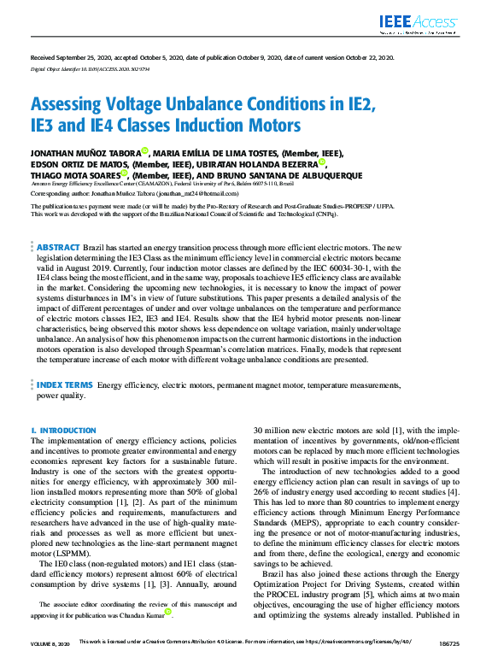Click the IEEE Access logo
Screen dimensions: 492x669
pos(419,26)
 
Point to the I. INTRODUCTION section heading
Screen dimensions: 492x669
pos(63,431)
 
